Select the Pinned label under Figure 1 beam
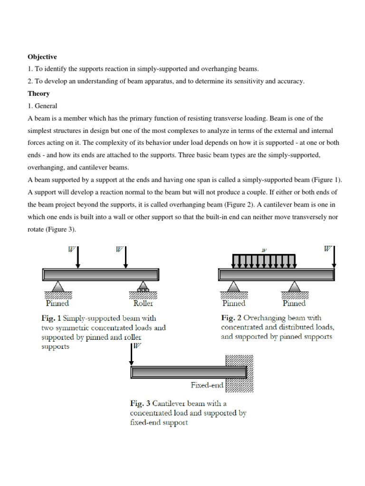pyautogui.click(x=58, y=303)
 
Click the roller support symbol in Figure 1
pyautogui.click(x=142, y=288)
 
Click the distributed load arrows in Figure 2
pyautogui.click(x=264, y=261)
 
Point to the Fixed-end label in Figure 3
pyautogui.click(x=207, y=385)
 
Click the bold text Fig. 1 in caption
pyautogui.click(x=52, y=318)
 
